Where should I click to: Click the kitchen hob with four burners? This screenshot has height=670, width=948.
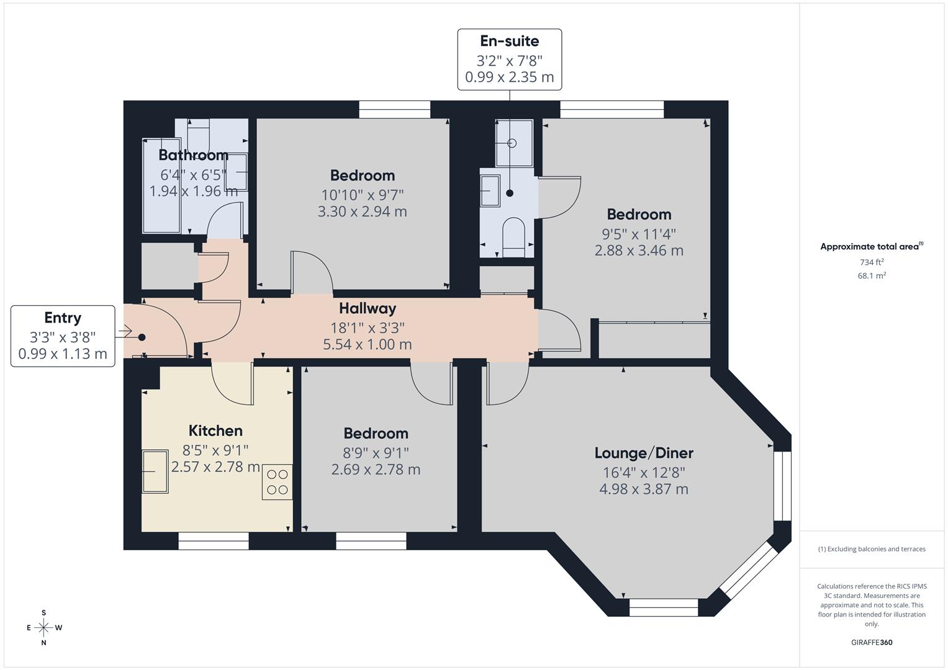[277, 482]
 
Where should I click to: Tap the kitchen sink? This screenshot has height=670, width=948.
[155, 471]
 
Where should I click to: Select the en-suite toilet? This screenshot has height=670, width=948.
[513, 237]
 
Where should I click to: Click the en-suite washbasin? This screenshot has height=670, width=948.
[490, 190]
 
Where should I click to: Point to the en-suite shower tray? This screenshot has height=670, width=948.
[513, 143]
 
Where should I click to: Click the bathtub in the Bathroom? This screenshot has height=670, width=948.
[161, 186]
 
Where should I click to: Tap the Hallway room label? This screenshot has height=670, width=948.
[368, 308]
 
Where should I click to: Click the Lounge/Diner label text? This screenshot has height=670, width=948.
[644, 453]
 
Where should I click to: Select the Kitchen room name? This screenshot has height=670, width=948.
[215, 431]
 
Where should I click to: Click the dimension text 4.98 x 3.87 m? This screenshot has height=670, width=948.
[644, 489]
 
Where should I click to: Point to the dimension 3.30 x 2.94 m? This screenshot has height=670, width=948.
[362, 212]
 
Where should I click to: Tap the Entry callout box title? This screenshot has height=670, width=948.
[63, 318]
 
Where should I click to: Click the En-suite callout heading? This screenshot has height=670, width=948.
[510, 41]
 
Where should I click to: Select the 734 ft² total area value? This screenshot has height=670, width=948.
[872, 262]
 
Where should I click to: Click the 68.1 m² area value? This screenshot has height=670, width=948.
[872, 275]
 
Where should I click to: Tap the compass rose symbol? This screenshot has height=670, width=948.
[43, 628]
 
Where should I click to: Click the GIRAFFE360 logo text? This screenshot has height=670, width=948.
[872, 643]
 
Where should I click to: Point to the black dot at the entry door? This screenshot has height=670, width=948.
[142, 337]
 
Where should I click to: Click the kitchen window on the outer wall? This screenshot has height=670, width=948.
[214, 541]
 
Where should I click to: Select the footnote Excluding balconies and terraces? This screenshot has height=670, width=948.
[872, 549]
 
